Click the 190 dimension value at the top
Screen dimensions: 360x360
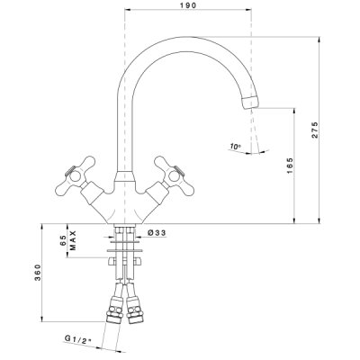188,5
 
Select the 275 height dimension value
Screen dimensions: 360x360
314,130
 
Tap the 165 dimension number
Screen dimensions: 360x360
290,166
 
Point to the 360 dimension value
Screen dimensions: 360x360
38,273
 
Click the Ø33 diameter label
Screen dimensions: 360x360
157,233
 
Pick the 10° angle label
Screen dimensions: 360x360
236,147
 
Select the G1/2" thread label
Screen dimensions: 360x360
77,339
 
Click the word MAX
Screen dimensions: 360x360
73,240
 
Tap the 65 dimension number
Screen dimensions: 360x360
63,240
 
